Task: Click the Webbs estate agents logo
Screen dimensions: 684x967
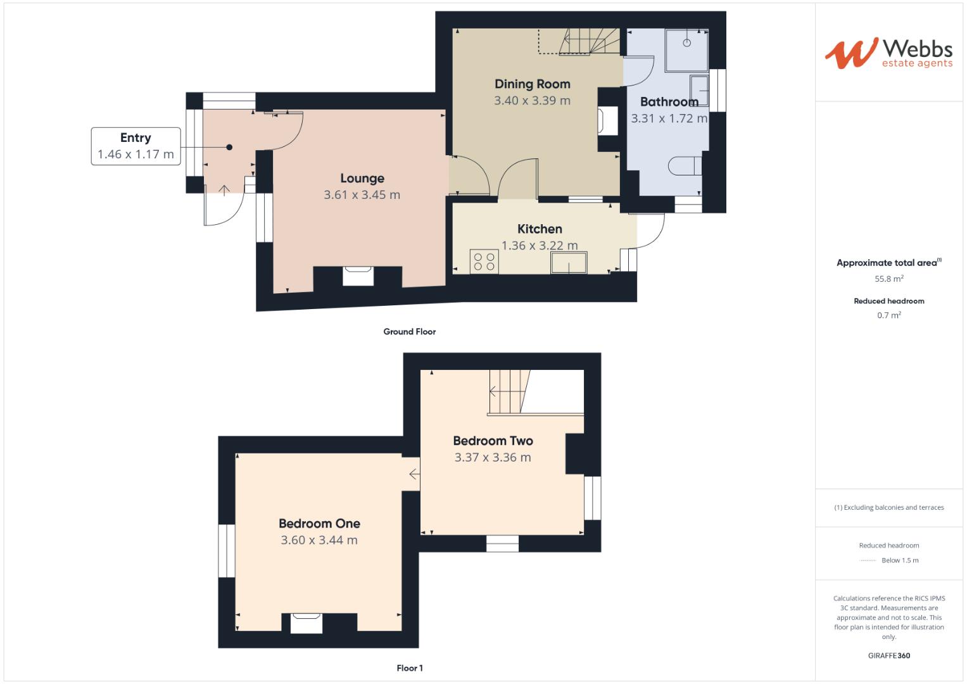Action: click(888, 53)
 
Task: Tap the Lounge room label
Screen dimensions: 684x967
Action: click(362, 179)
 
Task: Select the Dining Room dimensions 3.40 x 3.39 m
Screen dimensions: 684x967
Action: click(532, 101)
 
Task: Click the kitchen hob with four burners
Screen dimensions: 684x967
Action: click(484, 262)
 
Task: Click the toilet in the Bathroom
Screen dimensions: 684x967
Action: click(685, 166)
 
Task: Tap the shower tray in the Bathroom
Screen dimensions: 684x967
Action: click(686, 50)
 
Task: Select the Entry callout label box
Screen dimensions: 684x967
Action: click(135, 146)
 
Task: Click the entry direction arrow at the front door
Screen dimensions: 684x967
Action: click(224, 189)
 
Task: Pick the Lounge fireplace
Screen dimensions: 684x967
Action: click(358, 277)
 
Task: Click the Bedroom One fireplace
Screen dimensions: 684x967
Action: click(307, 623)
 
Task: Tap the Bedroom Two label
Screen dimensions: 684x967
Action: click(493, 441)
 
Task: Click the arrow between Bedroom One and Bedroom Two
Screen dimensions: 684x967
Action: click(414, 474)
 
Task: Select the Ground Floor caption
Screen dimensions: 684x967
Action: click(409, 332)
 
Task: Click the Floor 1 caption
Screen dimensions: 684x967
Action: click(409, 668)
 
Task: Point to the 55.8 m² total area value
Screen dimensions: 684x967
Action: click(888, 279)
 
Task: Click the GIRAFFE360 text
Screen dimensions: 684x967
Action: click(888, 655)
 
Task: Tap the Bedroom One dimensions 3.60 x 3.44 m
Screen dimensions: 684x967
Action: click(319, 540)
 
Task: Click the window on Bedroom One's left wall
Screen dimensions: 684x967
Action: click(226, 550)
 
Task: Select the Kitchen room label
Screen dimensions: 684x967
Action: click(540, 229)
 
